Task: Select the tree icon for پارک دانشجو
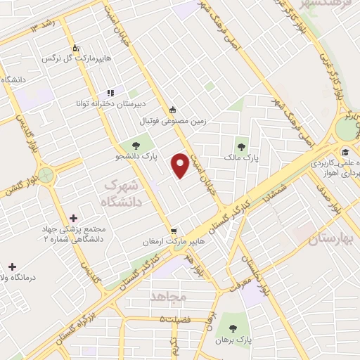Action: [136, 146]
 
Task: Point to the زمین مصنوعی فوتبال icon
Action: [173, 110]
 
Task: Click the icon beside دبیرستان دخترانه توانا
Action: [110, 92]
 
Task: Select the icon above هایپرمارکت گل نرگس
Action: [77, 47]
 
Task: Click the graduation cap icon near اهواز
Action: [345, 152]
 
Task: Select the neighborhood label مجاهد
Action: [169, 297]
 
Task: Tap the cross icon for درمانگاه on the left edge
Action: [12, 266]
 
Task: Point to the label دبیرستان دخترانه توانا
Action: [111, 103]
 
